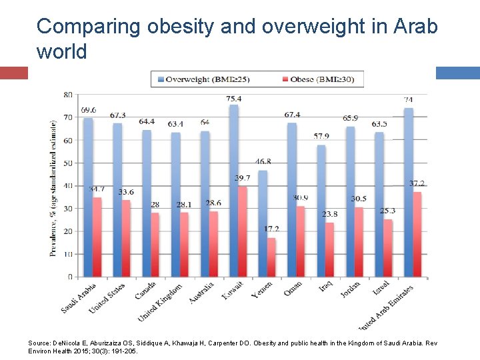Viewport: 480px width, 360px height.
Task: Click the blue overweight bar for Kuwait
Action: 233,190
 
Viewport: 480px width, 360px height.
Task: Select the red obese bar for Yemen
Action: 271,257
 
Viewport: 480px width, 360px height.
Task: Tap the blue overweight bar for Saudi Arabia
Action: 88,197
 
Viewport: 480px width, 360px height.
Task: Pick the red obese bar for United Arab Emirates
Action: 418,234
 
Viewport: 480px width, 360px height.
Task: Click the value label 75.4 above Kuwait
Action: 234,99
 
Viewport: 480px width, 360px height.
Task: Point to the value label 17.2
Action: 271,229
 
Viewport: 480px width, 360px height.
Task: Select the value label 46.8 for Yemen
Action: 263,162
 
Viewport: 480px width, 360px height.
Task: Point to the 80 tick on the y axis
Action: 68,95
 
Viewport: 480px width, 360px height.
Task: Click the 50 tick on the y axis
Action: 68,163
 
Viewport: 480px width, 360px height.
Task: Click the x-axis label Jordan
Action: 351,291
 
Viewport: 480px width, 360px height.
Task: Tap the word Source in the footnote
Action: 39,343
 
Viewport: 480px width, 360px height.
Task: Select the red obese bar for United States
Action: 126,238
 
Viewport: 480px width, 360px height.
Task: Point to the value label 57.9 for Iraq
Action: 321,137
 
